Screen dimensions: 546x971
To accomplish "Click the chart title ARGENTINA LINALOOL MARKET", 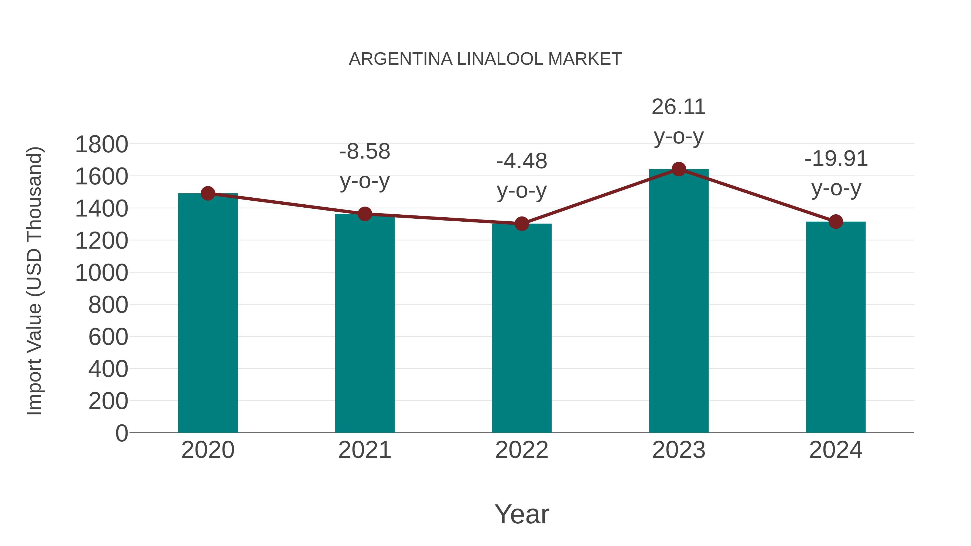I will [485, 59].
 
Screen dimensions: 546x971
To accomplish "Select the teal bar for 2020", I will [208, 313].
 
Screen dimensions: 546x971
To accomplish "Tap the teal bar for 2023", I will [679, 301].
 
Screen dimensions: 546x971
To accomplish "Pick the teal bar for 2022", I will [522, 328].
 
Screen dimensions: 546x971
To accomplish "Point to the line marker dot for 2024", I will [836, 222].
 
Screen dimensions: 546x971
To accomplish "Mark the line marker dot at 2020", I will [208, 194].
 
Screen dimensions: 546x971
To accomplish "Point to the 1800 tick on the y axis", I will [101, 144].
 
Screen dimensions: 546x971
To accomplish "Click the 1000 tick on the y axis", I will [101, 273].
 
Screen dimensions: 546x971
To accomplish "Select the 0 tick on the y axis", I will [121, 433].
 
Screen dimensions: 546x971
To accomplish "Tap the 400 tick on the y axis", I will [108, 369].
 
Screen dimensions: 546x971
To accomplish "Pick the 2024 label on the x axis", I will [836, 450].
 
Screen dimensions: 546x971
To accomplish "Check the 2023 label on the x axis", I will [679, 450].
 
